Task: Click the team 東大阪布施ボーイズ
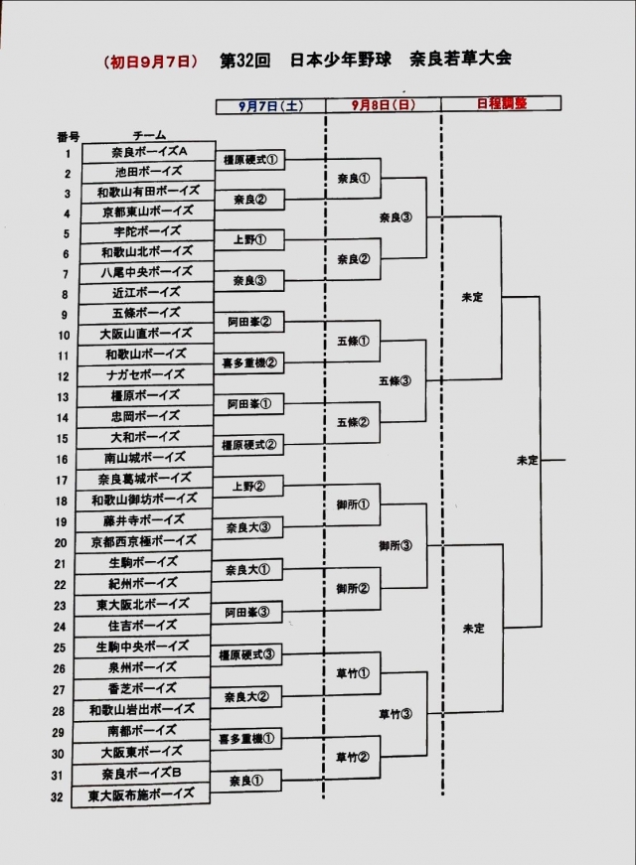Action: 142,794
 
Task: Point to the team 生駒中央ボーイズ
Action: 143,647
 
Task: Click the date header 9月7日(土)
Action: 270,104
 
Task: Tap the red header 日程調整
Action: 502,103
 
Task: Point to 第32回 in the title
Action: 248,60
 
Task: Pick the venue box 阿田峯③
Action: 247,612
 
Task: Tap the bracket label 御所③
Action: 395,546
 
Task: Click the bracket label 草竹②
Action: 353,757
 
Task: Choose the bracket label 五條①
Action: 353,341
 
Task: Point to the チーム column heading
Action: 149,134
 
